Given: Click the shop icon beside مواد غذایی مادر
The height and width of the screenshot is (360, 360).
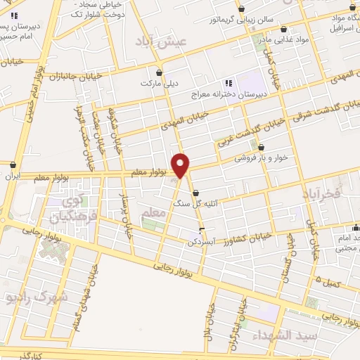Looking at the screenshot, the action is tap(284, 30).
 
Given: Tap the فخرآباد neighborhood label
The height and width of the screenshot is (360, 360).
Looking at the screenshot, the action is tap(321, 192).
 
